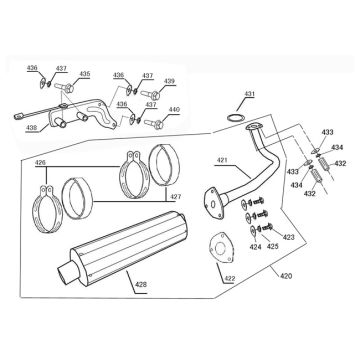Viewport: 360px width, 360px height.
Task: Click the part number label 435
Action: click(x=84, y=74)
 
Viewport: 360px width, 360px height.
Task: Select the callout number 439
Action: click(x=169, y=81)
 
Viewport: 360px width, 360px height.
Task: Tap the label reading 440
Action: click(x=174, y=110)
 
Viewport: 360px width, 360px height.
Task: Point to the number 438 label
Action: click(x=31, y=127)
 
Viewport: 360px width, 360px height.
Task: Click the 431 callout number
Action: click(x=249, y=94)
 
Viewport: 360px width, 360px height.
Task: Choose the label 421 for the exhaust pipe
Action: click(x=222, y=161)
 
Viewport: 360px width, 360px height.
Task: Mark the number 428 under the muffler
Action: click(x=141, y=285)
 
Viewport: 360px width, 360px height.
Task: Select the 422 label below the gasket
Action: click(x=230, y=278)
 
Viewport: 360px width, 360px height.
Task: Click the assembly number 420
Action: click(x=286, y=276)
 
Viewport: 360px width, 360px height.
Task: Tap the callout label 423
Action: click(x=289, y=237)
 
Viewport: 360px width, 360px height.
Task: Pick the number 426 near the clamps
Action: click(x=40, y=163)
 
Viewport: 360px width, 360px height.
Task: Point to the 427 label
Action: click(x=176, y=197)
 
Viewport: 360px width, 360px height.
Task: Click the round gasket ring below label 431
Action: click(x=235, y=117)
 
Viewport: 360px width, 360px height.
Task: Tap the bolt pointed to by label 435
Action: click(x=64, y=88)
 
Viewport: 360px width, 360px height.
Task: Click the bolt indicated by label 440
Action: click(x=154, y=124)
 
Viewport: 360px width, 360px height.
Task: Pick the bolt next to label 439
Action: click(x=150, y=95)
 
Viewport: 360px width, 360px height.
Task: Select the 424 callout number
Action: click(x=256, y=247)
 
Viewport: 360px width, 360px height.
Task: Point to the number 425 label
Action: click(x=272, y=247)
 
